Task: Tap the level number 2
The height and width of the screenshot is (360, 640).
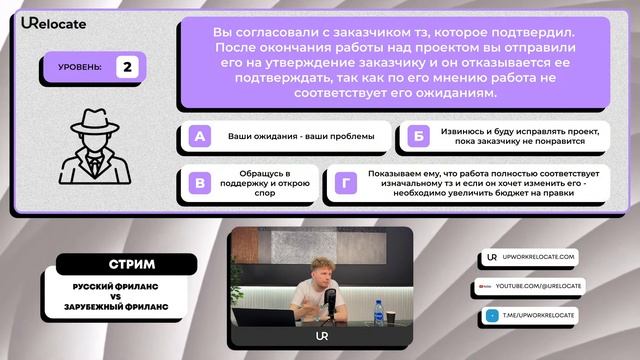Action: point(127,67)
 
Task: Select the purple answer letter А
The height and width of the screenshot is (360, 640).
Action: point(200,136)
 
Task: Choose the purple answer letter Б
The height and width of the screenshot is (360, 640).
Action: point(419,136)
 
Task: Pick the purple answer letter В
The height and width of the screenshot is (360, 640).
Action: point(200,183)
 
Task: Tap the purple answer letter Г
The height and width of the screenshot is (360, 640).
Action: point(346,183)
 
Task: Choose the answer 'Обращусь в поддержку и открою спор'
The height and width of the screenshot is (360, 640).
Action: point(263,183)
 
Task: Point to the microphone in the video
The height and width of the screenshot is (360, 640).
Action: point(329,299)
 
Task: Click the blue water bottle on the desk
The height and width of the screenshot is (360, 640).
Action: point(379,313)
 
